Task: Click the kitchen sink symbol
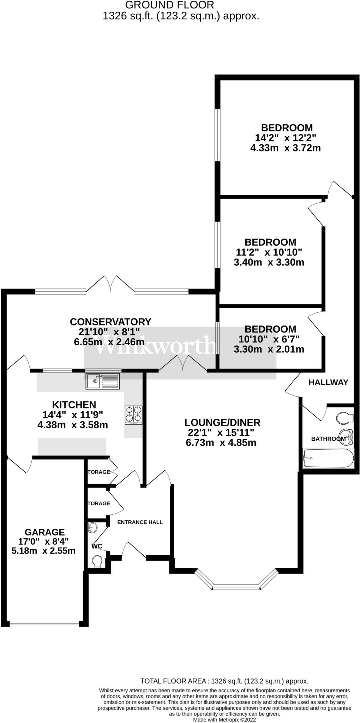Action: [103, 381]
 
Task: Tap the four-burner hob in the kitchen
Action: [133, 414]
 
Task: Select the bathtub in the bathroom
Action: [328, 458]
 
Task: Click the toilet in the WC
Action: [97, 561]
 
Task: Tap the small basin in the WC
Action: [92, 528]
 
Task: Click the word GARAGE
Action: [44, 532]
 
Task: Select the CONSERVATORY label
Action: [110, 322]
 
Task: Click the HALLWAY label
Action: [328, 382]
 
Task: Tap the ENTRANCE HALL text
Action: [140, 522]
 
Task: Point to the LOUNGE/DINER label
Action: [222, 422]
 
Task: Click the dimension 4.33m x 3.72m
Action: [285, 148]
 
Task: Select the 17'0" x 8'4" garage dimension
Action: [43, 541]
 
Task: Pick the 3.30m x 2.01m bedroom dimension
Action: [269, 349]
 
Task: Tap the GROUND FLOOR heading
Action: [169, 5]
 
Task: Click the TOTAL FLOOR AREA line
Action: [224, 681]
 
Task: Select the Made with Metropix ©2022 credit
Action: [224, 719]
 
